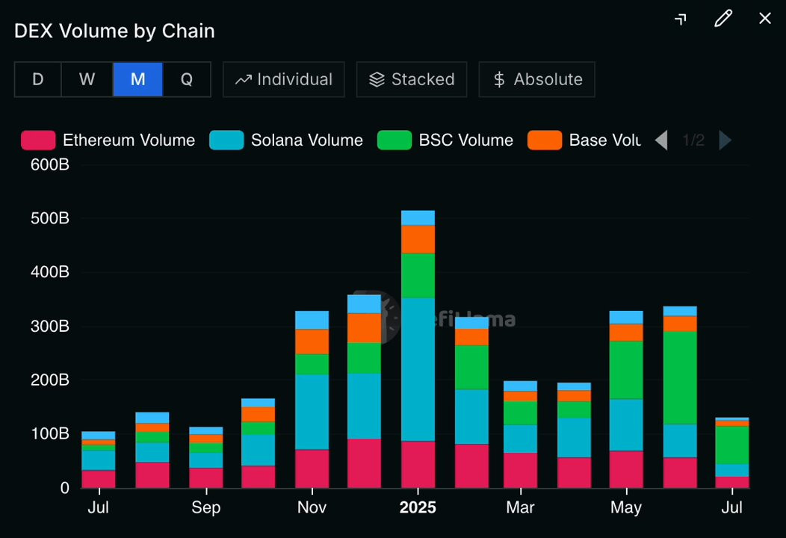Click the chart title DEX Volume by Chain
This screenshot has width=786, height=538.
point(114,31)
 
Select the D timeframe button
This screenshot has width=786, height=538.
point(38,79)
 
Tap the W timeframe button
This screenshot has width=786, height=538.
point(87,79)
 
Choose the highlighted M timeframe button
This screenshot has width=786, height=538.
point(137,79)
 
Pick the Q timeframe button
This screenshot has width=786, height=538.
point(187,79)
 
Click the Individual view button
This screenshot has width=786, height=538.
point(284,79)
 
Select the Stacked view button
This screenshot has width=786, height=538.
point(412,79)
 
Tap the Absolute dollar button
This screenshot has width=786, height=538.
point(536,79)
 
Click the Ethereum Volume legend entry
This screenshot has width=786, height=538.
point(108,140)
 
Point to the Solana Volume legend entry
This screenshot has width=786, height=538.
point(286,140)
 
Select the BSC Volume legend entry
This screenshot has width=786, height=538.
point(445,140)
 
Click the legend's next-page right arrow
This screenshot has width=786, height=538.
point(725,140)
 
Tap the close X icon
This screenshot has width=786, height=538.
point(765,19)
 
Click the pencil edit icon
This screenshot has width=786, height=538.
point(722,19)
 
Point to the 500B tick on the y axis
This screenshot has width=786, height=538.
point(50,219)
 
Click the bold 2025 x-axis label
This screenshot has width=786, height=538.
point(418,508)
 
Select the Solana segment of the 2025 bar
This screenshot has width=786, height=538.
point(418,369)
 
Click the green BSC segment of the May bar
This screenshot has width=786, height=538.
point(626,370)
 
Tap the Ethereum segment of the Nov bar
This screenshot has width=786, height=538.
point(312,469)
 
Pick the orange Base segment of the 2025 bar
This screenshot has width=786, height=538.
point(418,239)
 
